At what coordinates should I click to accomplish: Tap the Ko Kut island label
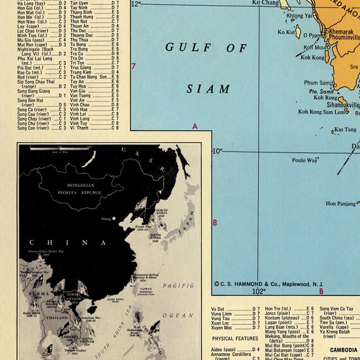(286, 32)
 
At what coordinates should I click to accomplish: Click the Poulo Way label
(305, 160)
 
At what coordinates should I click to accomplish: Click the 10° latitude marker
(218, 151)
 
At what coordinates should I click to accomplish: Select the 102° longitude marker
(258, 292)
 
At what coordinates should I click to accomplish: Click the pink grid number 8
(215, 222)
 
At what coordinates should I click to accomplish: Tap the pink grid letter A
(195, 127)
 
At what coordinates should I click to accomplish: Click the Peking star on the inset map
(114, 219)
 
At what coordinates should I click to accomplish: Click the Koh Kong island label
(312, 57)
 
